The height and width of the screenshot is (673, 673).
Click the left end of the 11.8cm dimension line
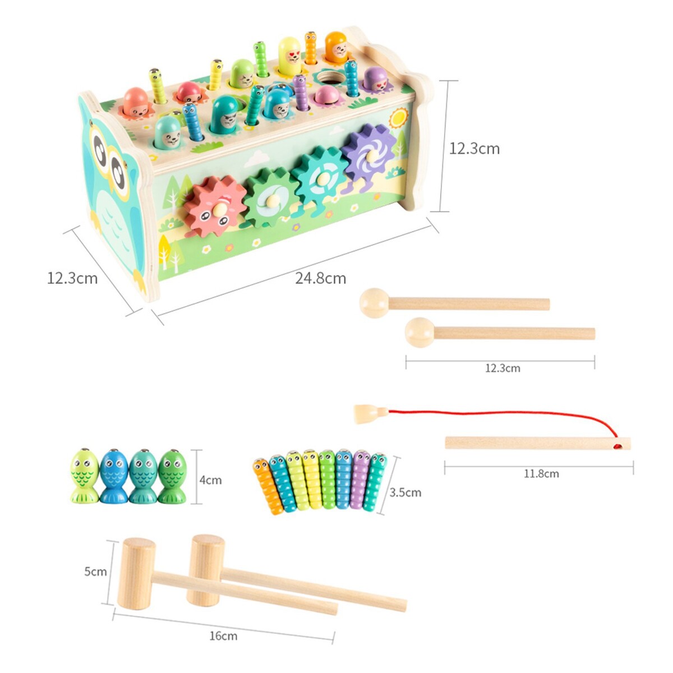pos(445,467)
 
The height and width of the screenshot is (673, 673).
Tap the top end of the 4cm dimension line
pos(197,450)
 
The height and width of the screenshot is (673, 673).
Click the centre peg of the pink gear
pos(220,210)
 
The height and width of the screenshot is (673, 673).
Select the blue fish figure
pos(114,476)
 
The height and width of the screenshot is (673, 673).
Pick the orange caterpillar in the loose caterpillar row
pos(268,486)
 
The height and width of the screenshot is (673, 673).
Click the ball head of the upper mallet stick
pos(374,303)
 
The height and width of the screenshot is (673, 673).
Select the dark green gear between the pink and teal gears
pos(268,197)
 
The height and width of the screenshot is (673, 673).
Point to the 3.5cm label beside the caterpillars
pos(405,493)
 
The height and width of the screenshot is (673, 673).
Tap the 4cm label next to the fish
pos(211,480)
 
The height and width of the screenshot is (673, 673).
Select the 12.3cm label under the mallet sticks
pos(503,368)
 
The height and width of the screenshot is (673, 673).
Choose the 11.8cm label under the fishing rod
pos(541,474)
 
